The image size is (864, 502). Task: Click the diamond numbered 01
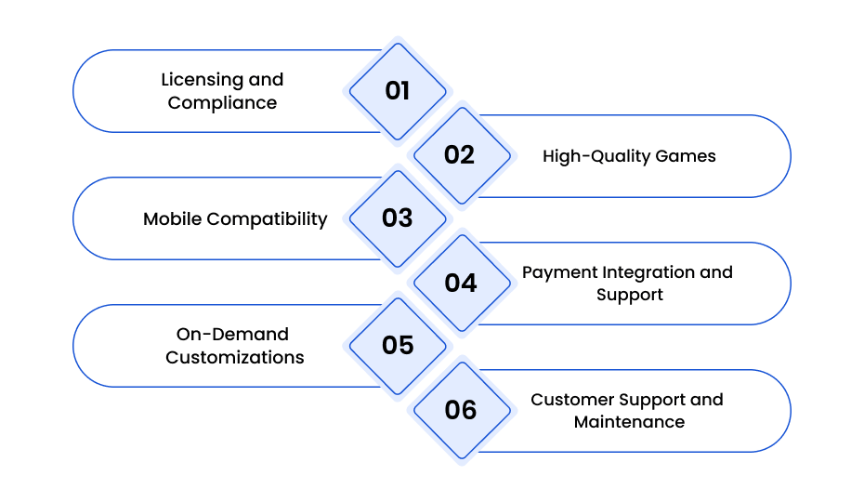click(x=398, y=91)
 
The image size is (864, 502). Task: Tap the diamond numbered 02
click(x=462, y=155)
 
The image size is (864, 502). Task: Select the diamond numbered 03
click(x=398, y=218)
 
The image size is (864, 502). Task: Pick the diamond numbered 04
click(x=462, y=283)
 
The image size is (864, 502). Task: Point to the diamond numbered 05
click(x=398, y=346)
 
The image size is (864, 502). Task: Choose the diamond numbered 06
click(x=462, y=410)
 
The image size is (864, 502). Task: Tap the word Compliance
click(x=222, y=103)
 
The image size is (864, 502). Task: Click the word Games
click(x=686, y=156)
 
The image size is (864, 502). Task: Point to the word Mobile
click(x=173, y=219)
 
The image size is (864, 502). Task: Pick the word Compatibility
click(x=268, y=219)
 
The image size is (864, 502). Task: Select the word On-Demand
click(x=232, y=335)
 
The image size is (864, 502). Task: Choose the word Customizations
click(x=235, y=358)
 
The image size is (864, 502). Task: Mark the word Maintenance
click(x=629, y=422)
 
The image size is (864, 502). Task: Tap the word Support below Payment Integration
click(x=630, y=295)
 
